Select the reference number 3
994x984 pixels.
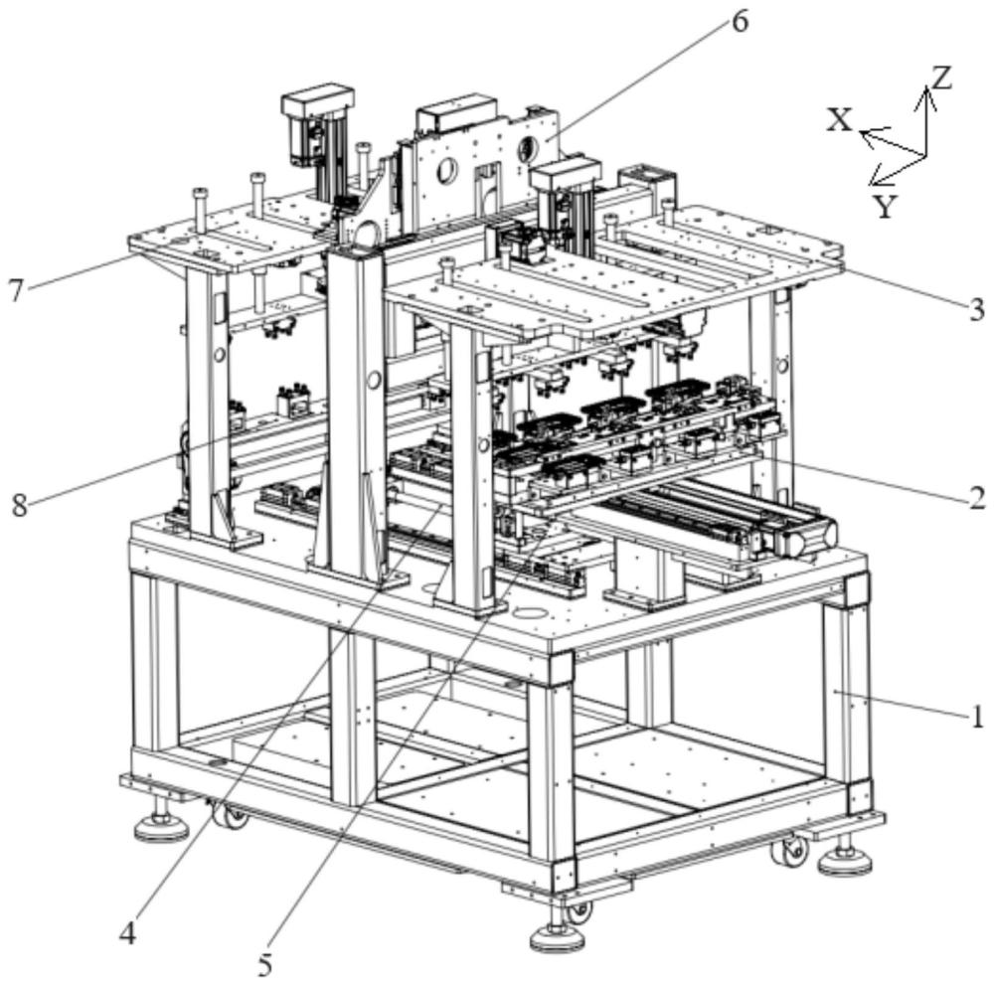tap(977, 309)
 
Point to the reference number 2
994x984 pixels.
tap(977, 498)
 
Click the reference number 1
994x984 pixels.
tap(977, 715)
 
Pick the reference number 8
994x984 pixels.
tap(19, 504)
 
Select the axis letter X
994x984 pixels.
tap(841, 120)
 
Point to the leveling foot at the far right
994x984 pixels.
tap(846, 860)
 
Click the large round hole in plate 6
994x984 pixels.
tap(445, 172)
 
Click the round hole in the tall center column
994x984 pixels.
tap(375, 379)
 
